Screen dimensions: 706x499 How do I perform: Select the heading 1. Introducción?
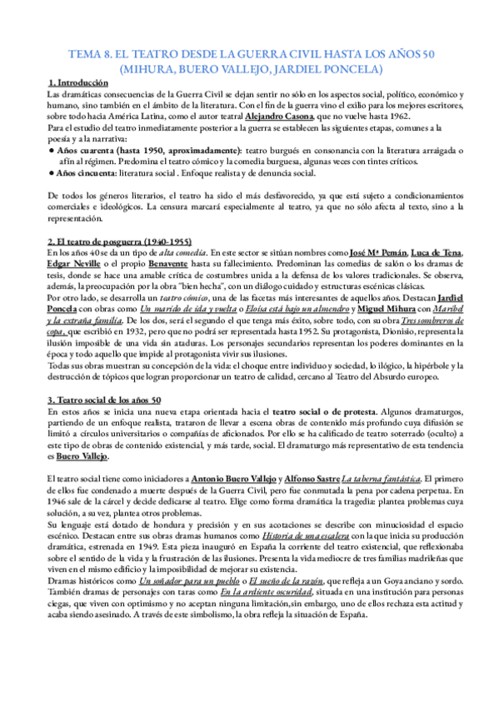[78, 83]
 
